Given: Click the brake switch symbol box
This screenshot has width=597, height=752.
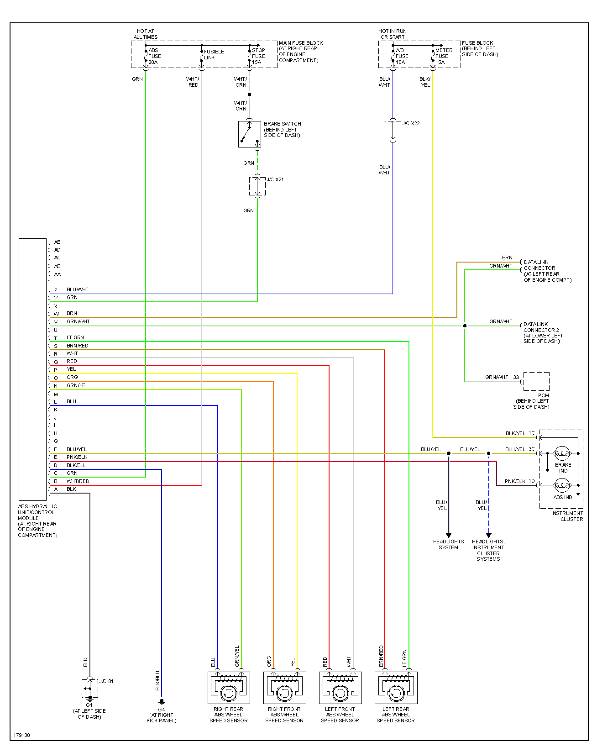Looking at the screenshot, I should click(249, 134).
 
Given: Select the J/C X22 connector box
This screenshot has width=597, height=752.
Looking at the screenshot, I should click(393, 130).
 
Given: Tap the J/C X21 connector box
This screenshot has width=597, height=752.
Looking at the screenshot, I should click(257, 186).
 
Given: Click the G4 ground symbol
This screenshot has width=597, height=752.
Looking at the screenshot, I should click(162, 702).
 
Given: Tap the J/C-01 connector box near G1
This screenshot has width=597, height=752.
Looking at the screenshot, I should click(90, 688).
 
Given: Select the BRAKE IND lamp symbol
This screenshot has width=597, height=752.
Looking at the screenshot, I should click(562, 453).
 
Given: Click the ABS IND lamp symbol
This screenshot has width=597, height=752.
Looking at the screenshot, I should click(562, 485).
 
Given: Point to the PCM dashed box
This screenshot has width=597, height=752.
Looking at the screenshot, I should click(536, 381).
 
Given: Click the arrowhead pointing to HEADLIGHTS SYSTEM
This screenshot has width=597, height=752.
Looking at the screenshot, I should click(449, 535).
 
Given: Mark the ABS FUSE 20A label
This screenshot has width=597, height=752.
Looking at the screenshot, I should click(154, 56).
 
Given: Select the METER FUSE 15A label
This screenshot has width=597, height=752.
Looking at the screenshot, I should click(443, 56).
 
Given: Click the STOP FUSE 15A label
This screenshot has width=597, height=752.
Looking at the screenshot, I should click(258, 56).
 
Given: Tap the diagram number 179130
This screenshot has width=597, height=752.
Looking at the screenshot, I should click(21, 735).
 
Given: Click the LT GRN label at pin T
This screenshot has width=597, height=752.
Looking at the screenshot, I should click(75, 337).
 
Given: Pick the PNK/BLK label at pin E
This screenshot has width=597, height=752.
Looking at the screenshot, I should click(77, 457).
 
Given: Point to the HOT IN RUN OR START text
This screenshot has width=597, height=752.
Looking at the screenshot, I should click(393, 34).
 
